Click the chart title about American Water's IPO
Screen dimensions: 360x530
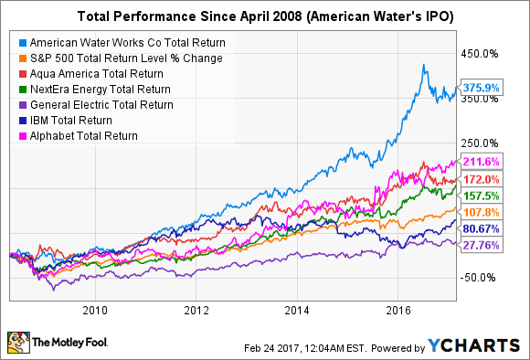(264, 16)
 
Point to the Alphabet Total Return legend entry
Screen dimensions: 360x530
(87, 136)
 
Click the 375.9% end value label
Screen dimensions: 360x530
(483, 88)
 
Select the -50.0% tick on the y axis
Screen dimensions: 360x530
(484, 277)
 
